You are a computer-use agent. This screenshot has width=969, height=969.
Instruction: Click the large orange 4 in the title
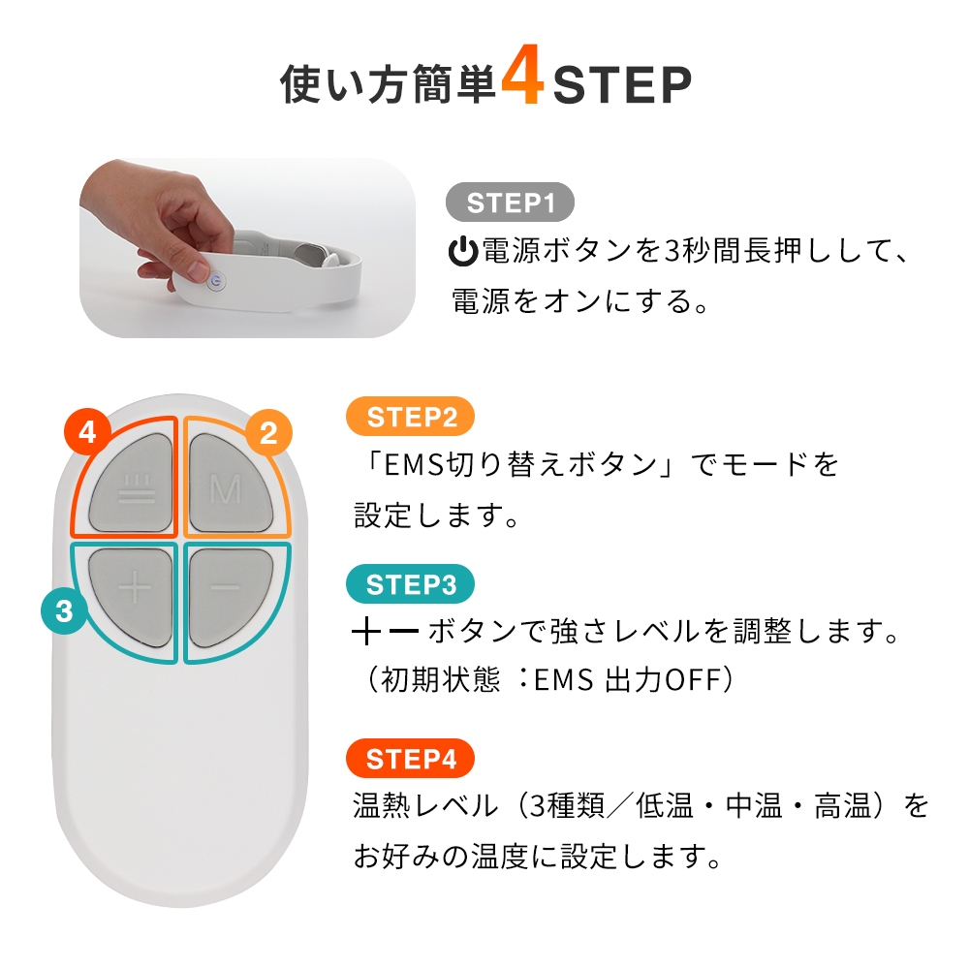pyautogui.click(x=523, y=75)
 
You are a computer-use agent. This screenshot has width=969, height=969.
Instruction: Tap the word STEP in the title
pyautogui.click(x=622, y=84)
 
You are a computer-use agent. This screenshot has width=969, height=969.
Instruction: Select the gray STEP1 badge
pyautogui.click(x=510, y=203)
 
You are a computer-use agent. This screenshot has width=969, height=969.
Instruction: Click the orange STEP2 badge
pyautogui.click(x=410, y=417)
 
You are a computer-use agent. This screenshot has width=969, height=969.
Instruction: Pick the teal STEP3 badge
pyautogui.click(x=410, y=584)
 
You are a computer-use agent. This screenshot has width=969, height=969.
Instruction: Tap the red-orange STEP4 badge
pyautogui.click(x=410, y=759)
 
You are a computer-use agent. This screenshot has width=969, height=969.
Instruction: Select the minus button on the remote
pyautogui.click(x=229, y=596)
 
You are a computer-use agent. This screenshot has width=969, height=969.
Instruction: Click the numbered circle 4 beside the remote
pyautogui.click(x=87, y=431)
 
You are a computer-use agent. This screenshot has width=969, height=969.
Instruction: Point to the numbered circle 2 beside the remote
pyautogui.click(x=268, y=432)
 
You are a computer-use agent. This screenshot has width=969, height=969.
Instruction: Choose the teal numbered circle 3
pyautogui.click(x=64, y=610)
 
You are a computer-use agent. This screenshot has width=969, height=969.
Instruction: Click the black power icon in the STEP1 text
pyautogui.click(x=463, y=252)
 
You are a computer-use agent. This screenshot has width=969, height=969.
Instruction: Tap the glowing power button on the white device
pyautogui.click(x=215, y=282)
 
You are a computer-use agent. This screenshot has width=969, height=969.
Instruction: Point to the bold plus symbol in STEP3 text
pyautogui.click(x=366, y=632)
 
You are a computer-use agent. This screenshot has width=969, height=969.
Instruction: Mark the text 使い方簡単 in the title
pyautogui.click(x=389, y=84)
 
